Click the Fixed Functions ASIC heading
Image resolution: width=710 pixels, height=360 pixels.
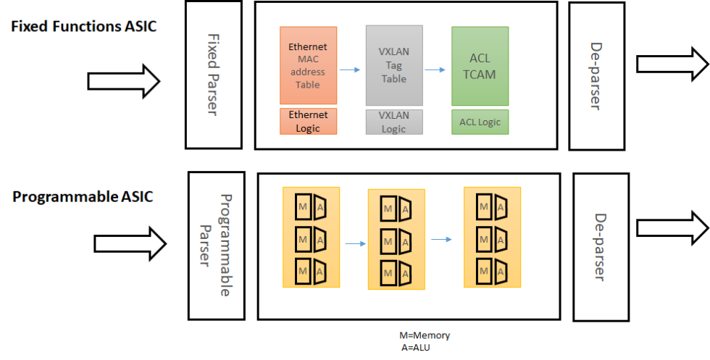(83, 27)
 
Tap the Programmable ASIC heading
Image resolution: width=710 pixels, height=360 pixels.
(83, 196)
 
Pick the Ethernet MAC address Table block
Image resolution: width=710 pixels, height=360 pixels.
(308, 65)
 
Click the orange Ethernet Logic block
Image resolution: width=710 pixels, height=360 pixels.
(308, 122)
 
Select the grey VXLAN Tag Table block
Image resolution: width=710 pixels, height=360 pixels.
(393, 65)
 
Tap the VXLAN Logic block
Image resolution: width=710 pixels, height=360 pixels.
(393, 122)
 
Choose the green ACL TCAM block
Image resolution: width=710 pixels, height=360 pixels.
(480, 65)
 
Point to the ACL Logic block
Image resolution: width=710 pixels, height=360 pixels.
(480, 122)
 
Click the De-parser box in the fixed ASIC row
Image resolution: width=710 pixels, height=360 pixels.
(596, 75)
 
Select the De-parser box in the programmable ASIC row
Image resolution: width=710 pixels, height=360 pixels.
(601, 246)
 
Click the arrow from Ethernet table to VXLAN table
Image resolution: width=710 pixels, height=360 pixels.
(351, 70)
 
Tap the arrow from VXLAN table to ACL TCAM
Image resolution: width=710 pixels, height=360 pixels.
(436, 70)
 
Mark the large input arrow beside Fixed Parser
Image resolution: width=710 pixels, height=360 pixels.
(124, 80)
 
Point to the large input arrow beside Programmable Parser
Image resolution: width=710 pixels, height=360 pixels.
(126, 243)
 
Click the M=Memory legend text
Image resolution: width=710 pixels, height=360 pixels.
(425, 336)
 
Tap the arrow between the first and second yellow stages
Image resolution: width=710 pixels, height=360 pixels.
(355, 243)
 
